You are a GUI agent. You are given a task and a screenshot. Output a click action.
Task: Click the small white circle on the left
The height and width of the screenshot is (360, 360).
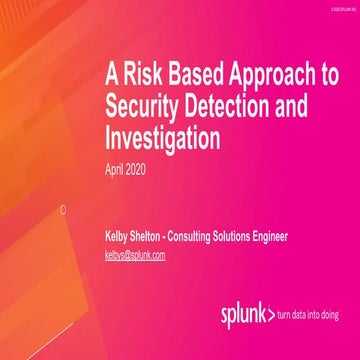coord(63,209)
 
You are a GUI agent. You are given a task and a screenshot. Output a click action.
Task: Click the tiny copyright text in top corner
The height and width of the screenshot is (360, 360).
coord(337,5)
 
